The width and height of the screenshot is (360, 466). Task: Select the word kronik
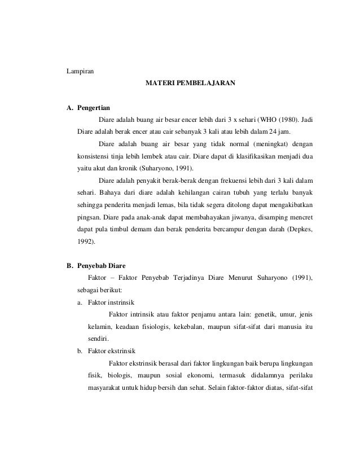pyautogui.click(x=120, y=168)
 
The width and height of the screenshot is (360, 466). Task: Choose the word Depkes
pyautogui.click(x=300, y=229)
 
